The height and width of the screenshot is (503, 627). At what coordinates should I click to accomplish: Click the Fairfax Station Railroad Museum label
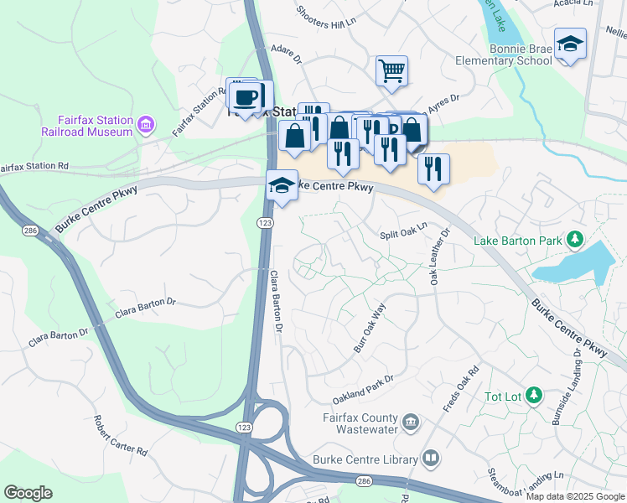click(x=87, y=126)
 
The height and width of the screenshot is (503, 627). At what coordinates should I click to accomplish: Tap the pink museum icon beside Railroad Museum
click(x=147, y=126)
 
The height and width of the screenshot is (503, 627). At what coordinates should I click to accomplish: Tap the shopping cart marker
click(x=391, y=71)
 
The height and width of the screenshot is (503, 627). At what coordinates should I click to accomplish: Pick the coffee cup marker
click(x=246, y=97)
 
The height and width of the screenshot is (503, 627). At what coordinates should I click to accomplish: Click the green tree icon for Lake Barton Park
click(x=575, y=241)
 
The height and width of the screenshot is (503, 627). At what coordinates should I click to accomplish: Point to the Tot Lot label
click(x=503, y=396)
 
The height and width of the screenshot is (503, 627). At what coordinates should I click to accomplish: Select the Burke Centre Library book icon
click(x=430, y=459)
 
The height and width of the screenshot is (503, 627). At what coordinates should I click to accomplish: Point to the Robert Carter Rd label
click(x=121, y=436)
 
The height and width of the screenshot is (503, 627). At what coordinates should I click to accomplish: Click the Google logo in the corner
click(x=28, y=493)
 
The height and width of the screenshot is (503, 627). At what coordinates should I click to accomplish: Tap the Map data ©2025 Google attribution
click(x=574, y=496)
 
